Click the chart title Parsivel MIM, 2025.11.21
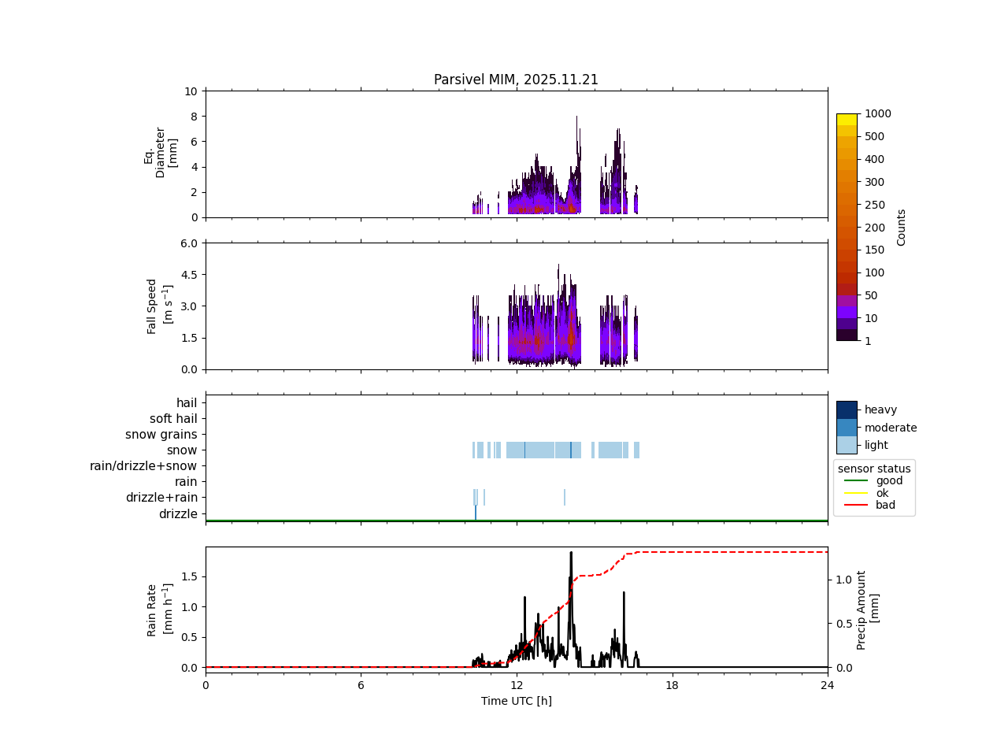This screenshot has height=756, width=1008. click(x=516, y=80)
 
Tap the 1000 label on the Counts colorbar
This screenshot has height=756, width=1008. click(x=877, y=113)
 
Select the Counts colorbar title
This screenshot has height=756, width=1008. click(x=901, y=227)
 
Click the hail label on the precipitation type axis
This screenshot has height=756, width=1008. click(x=187, y=403)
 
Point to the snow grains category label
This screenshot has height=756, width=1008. click(x=161, y=435)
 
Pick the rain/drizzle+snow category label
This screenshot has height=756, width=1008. click(x=143, y=466)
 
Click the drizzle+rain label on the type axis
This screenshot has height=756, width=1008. click(x=161, y=498)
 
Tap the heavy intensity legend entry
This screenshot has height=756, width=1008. click(x=880, y=409)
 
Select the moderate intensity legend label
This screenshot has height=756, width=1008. click(x=891, y=428)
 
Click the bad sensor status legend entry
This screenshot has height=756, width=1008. click(x=885, y=505)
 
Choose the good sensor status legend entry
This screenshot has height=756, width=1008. click(x=889, y=480)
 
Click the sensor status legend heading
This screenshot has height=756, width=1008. click(x=874, y=469)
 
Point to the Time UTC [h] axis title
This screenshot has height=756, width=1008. click(x=516, y=701)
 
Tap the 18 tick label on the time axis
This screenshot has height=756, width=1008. click(x=672, y=685)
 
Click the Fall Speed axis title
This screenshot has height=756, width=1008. click(x=157, y=306)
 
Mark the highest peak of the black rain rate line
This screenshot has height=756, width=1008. click(x=571, y=553)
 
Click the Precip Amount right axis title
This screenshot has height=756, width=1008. click(x=867, y=610)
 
